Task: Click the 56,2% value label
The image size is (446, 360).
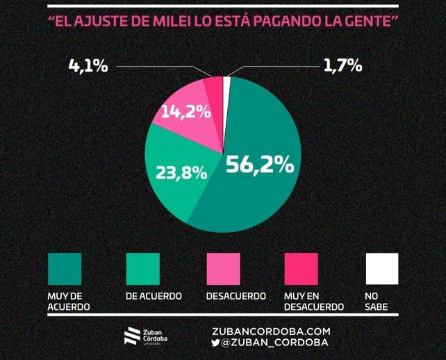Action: point(259,166)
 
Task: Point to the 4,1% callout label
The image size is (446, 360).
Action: point(88,67)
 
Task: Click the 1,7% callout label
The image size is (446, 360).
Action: point(343,67)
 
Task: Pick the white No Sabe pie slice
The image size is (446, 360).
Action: point(226,85)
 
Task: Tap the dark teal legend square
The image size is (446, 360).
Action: point(65,269)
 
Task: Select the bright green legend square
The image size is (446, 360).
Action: point(143,269)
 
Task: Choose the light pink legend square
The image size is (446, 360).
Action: point(223,269)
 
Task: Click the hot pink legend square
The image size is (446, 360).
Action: point(302,269)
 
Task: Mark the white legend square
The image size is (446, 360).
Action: point(382,269)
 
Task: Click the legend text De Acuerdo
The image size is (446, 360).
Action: point(154,296)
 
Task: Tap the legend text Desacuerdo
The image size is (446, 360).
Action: point(236,296)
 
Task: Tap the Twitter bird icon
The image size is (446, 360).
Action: point(215,343)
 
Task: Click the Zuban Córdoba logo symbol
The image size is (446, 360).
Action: point(131,336)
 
